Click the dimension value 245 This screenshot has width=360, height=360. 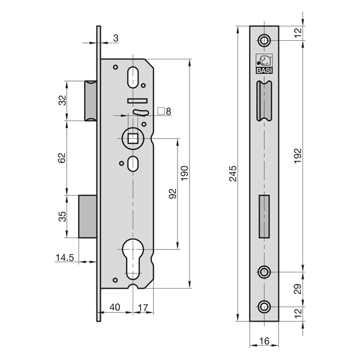233,173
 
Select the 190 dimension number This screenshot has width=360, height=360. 185,173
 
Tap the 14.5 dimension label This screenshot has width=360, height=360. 65,257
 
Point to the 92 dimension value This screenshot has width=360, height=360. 173,194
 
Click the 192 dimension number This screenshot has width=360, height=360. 298,156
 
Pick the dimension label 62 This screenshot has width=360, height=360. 62,158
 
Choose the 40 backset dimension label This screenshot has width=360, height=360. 115,307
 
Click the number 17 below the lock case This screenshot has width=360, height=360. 143,308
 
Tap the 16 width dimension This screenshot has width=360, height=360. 264,341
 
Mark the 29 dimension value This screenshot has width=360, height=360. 298,289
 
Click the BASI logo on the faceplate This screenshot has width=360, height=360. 264,64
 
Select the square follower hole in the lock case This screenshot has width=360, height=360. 133,139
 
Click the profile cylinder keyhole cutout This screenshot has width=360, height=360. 133,259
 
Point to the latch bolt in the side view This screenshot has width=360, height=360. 91,101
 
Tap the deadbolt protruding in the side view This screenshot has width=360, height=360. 88,217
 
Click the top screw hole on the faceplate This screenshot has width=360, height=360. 264,40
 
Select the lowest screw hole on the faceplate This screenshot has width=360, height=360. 264,307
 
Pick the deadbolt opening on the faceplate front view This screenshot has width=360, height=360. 264,217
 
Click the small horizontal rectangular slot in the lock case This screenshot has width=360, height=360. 137,101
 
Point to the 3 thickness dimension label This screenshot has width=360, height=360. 116,38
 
